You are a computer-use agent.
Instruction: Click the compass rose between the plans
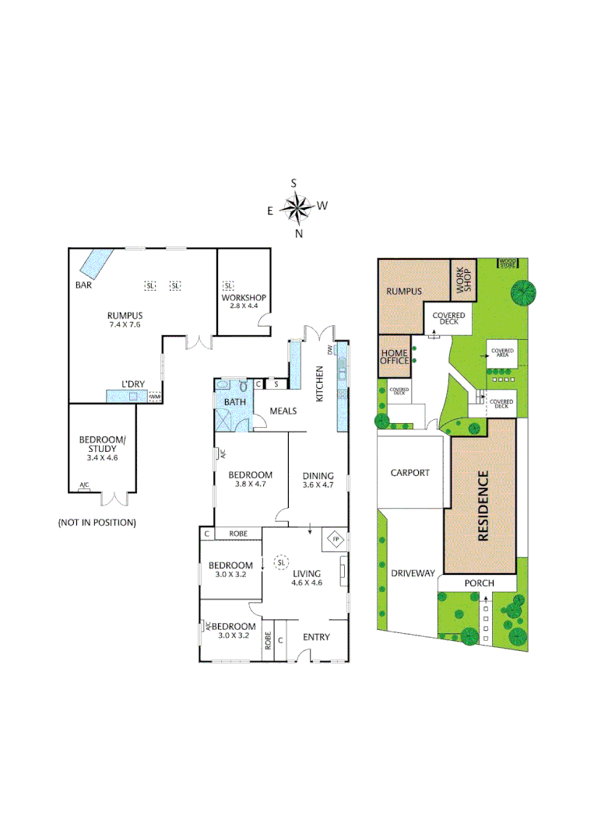point(296,207)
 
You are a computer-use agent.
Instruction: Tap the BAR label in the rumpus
point(83,285)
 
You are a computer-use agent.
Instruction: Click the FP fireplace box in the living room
point(336,539)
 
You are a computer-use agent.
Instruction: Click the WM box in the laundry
point(154,396)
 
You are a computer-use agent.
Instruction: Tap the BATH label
point(234,401)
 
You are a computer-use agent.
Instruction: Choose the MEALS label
point(283,411)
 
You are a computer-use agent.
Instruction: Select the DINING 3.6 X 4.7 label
point(318,481)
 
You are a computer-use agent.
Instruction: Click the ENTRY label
point(316,638)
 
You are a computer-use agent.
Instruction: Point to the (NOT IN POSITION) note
point(97,523)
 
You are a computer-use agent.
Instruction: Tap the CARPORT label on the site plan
point(410,472)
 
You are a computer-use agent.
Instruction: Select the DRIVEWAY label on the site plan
point(412,573)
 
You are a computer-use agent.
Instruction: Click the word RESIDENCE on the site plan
point(483,506)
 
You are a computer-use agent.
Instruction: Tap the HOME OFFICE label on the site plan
point(395,357)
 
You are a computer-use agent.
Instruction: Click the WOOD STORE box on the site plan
point(508,264)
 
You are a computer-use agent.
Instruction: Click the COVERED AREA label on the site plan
point(502,353)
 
